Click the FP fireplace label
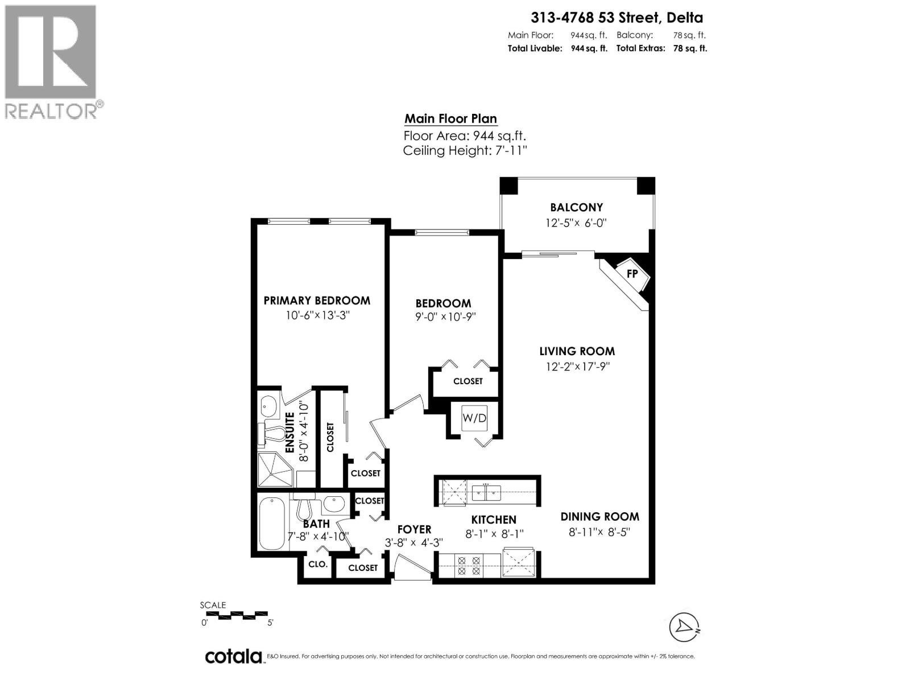[x=632, y=274]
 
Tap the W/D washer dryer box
[x=474, y=418]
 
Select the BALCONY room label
[x=576, y=208]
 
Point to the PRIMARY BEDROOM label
[x=317, y=301]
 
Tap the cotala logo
[x=233, y=656]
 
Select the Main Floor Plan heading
[x=450, y=119]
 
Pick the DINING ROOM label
[x=599, y=517]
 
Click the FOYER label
[x=414, y=530]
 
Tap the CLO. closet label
[x=317, y=565]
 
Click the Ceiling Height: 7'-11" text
[x=465, y=151]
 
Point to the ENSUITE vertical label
[x=289, y=433]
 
